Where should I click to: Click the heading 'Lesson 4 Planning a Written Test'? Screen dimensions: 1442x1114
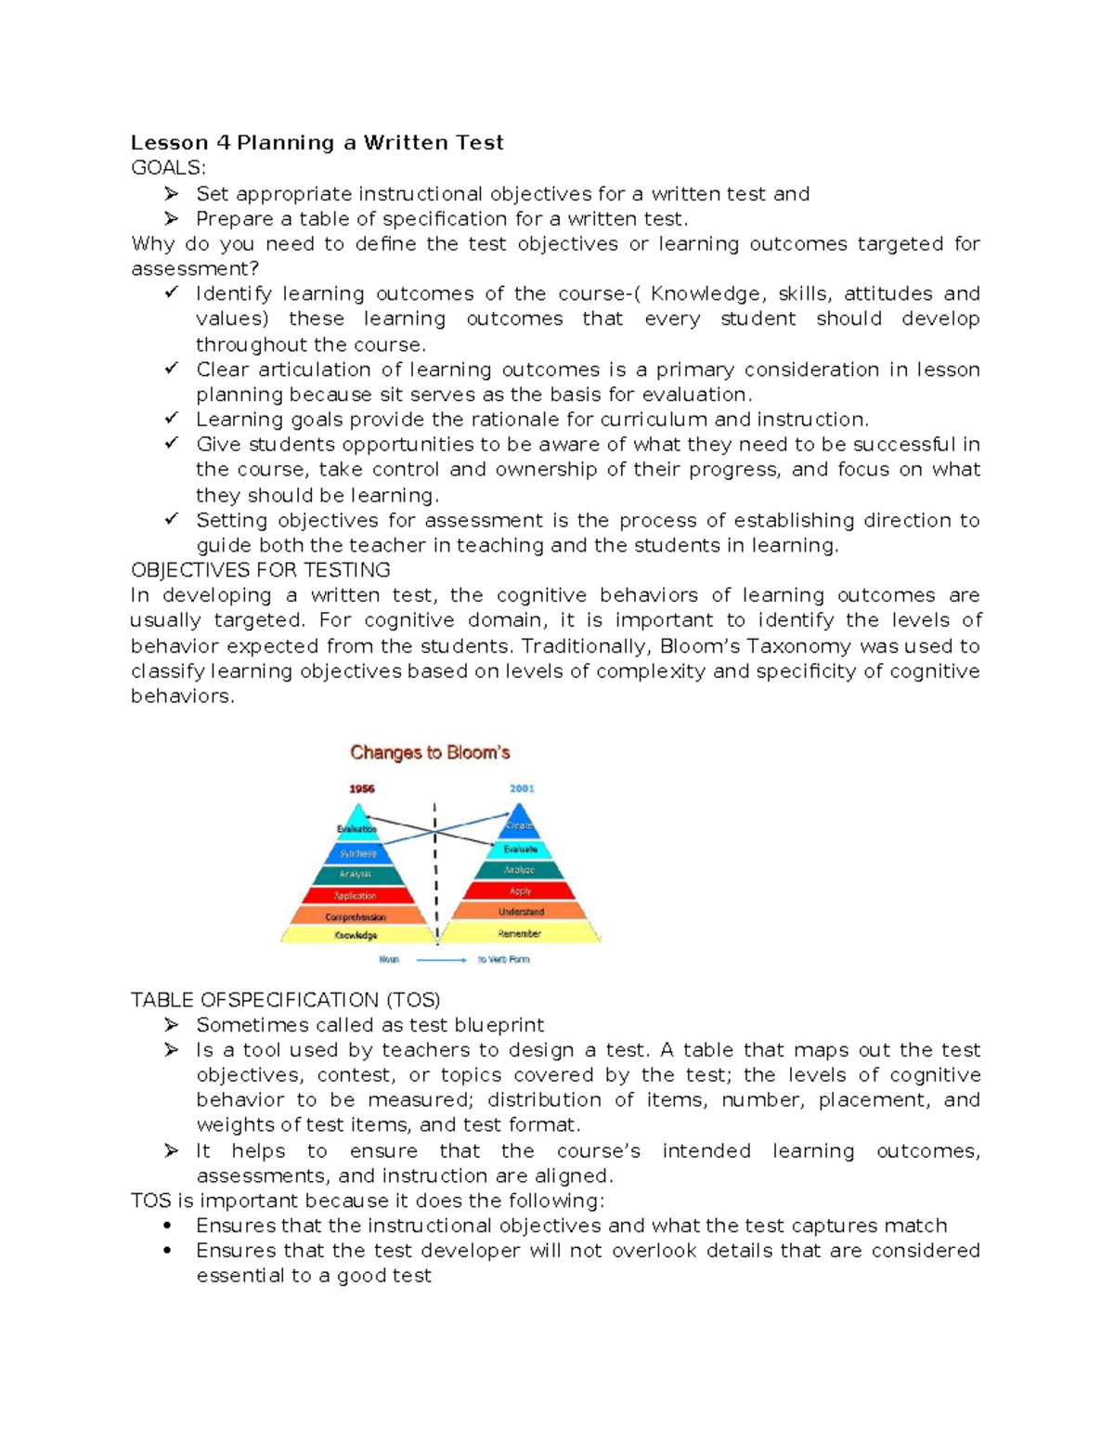tap(317, 142)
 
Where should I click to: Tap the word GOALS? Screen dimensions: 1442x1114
tap(167, 167)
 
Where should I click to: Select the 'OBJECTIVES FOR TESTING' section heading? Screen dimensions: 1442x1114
tap(260, 570)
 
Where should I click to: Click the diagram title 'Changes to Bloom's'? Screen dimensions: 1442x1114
tap(430, 752)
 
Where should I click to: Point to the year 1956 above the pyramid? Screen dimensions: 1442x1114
tap(362, 788)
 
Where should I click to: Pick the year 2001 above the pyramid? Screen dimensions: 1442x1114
tap(522, 788)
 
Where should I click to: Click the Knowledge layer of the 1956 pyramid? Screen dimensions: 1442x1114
tap(356, 935)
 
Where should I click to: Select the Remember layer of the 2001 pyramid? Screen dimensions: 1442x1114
tap(520, 933)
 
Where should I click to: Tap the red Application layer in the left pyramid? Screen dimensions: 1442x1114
tap(356, 896)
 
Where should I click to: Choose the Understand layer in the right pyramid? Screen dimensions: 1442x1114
tap(521, 912)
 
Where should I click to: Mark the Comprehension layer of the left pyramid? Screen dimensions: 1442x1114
tap(356, 916)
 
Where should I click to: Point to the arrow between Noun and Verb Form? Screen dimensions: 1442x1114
tap(441, 959)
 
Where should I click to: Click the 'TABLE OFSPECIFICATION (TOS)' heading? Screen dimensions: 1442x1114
tap(285, 1000)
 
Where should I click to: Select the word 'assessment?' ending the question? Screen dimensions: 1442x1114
tap(195, 269)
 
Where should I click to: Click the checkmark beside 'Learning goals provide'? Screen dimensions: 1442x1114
tap(172, 419)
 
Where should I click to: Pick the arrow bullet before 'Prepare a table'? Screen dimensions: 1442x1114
tap(172, 219)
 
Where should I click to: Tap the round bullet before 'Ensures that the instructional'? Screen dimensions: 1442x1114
tap(167, 1226)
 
